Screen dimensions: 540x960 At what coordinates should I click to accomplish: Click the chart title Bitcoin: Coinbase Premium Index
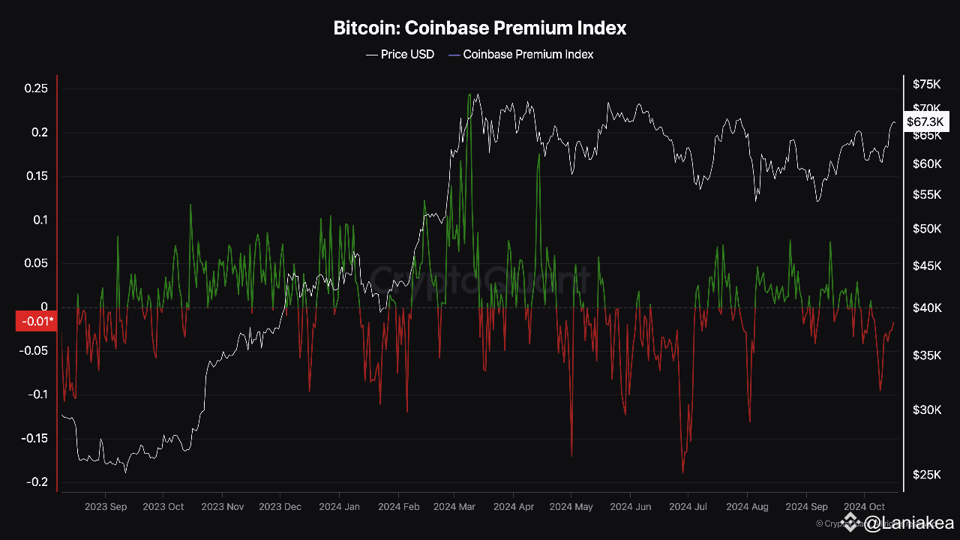(x=480, y=28)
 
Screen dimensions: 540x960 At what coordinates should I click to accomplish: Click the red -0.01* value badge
(x=35, y=322)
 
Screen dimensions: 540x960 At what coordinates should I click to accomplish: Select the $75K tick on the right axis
(x=927, y=84)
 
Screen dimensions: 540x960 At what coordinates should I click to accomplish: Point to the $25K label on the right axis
(x=927, y=474)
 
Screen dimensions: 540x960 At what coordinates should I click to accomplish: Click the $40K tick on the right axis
(x=927, y=307)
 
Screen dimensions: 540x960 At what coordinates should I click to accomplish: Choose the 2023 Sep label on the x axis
(x=105, y=507)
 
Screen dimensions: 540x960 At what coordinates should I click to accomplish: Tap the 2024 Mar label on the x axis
(x=454, y=507)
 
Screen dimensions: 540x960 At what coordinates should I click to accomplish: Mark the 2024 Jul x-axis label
(x=688, y=507)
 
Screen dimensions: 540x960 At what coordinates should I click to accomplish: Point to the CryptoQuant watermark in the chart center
(x=480, y=281)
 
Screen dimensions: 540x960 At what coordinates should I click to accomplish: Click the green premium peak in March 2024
(x=469, y=95)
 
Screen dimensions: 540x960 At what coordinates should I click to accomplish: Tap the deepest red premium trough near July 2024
(x=683, y=472)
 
